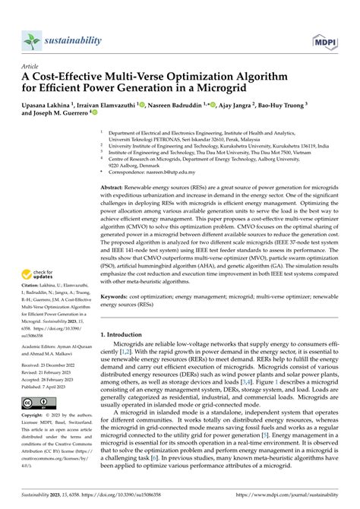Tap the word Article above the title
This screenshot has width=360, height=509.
point(33,66)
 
